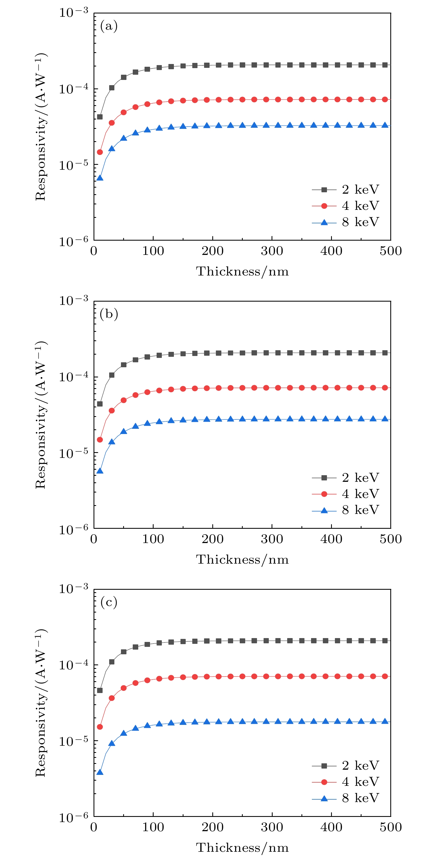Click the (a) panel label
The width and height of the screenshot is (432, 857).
109,26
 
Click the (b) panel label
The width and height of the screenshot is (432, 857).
109,314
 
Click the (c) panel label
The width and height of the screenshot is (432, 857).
109,602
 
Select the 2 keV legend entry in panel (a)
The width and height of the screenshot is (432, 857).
346,190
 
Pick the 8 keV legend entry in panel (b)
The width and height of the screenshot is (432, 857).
346,510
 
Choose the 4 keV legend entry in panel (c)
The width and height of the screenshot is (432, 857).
346,782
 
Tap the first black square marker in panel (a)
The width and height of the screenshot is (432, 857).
100,117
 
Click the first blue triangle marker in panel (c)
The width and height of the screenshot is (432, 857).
100,772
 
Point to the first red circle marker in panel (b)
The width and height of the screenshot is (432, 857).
100,439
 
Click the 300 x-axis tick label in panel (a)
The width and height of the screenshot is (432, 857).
272,251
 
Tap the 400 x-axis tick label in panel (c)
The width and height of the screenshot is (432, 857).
331,827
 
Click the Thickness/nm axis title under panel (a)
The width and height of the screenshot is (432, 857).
242,271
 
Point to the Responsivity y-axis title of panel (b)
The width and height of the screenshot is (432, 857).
41,415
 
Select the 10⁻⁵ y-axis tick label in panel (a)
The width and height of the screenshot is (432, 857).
74,165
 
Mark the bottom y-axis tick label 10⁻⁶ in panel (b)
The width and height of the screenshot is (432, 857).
74,529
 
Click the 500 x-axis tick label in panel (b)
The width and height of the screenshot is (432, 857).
391,539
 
